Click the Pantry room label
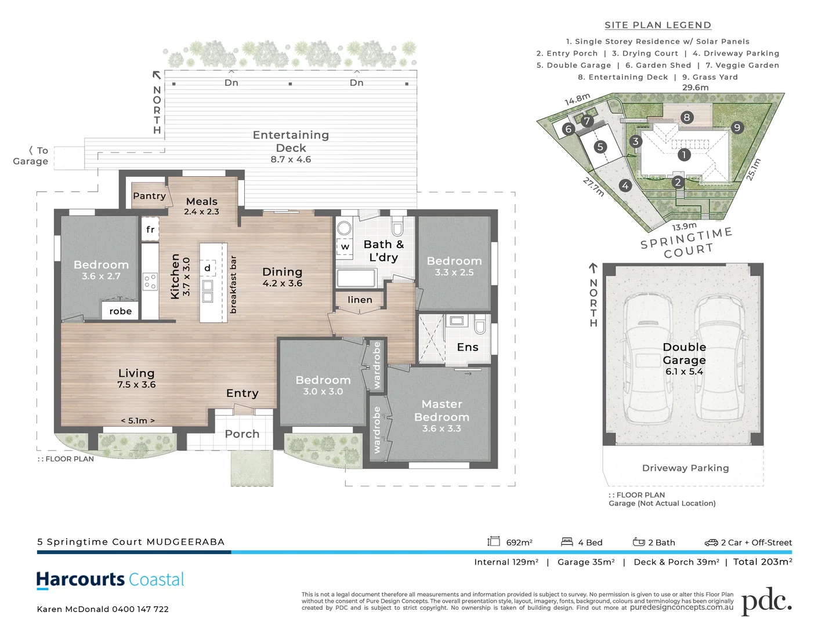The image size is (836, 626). [x=149, y=196]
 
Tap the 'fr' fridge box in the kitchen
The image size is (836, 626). [x=150, y=230]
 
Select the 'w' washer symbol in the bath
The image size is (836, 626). [x=345, y=246]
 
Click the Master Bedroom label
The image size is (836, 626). [x=441, y=410]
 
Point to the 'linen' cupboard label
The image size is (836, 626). [x=360, y=300]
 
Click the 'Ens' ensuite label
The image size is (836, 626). [x=468, y=347]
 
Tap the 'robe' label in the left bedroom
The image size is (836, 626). [x=121, y=311]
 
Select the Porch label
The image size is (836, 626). [x=242, y=434]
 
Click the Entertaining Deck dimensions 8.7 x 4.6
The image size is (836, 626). [x=291, y=159]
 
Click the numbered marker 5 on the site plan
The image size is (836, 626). [x=600, y=147]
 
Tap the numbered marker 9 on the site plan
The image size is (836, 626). [x=737, y=128]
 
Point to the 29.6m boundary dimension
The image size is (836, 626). [x=695, y=88]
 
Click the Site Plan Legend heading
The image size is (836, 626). [x=658, y=25]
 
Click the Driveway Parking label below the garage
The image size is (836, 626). [x=685, y=468]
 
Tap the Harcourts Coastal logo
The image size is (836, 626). [x=110, y=580]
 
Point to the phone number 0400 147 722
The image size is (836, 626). [x=140, y=609]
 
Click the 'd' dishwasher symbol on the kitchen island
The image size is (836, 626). [x=208, y=268]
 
